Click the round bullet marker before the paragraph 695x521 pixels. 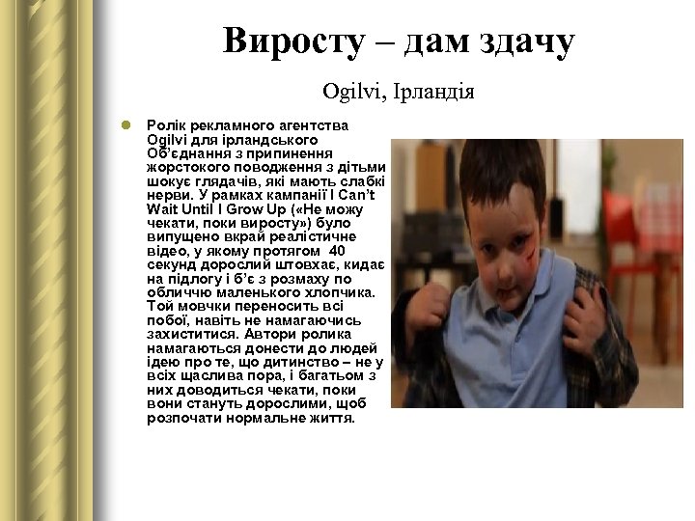click(125, 125)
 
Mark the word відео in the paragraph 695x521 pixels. click(166, 251)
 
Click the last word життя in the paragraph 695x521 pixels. click(334, 419)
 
